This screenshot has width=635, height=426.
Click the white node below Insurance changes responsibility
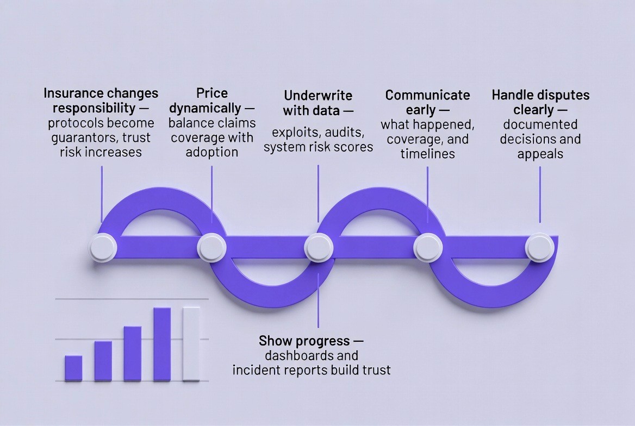click(x=103, y=247)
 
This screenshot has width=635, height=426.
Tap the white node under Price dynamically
click(x=212, y=247)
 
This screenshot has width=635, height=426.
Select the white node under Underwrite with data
click(x=319, y=247)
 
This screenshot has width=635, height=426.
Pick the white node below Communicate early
click(x=428, y=247)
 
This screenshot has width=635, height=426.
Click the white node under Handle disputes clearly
click(x=540, y=247)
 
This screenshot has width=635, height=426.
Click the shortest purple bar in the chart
click(x=73, y=368)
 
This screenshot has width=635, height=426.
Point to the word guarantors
click(x=82, y=137)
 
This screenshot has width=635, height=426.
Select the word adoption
click(x=211, y=152)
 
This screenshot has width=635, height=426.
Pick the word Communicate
click(x=427, y=95)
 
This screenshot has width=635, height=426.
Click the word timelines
click(x=427, y=154)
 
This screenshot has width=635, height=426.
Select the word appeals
click(x=540, y=154)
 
